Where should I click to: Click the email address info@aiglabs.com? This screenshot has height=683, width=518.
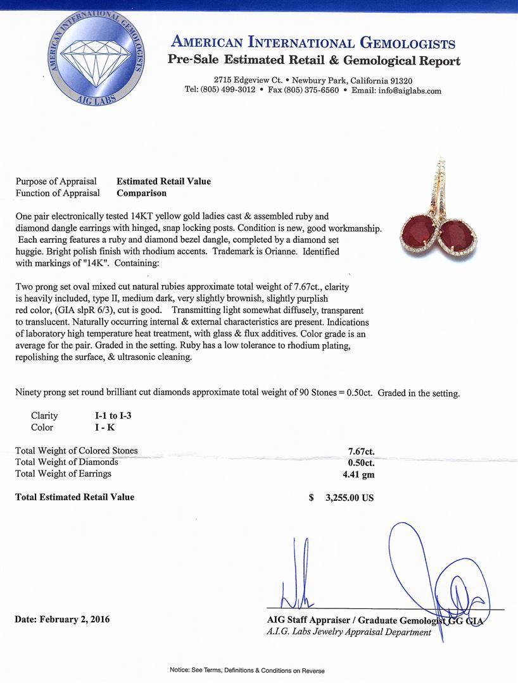pyautogui.click(x=406, y=90)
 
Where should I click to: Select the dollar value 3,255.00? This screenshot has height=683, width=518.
pyautogui.click(x=349, y=498)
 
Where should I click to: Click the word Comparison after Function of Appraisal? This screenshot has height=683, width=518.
pyautogui.click(x=141, y=193)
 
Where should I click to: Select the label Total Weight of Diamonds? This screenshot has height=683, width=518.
pyautogui.click(x=66, y=462)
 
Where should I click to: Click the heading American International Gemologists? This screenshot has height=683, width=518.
pyautogui.click(x=313, y=43)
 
